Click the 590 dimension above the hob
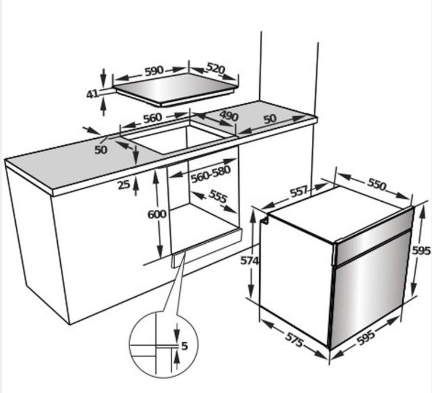pos(154,71)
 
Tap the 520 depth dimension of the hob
pos(216,69)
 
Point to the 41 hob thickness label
pos(92,94)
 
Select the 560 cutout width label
pos(152,118)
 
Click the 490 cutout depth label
pos(229,116)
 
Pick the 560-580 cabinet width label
pos(211,174)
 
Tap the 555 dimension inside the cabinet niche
pos(218,196)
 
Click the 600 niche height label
pos(157,215)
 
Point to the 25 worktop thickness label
pos(124,185)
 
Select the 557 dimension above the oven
pos(299,191)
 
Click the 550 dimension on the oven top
pos(377,185)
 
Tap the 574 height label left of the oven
pos(249,261)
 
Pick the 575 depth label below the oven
pos(294,340)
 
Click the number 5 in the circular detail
pos(184,346)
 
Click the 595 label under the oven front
pos(366,338)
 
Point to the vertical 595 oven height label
pos(421,251)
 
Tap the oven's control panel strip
pos(374,236)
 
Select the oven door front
pos(369,289)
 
